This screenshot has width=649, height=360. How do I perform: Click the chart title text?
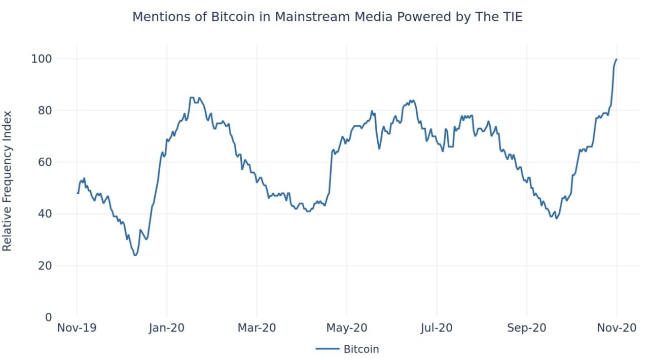[327, 17]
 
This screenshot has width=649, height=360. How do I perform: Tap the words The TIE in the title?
[499, 17]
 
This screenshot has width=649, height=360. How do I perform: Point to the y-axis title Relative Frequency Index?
[7, 181]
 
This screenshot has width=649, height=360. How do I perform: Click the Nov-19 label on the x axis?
[77, 328]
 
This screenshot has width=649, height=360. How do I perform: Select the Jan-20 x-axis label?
[167, 328]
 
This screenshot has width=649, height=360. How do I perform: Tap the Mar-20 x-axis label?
[257, 328]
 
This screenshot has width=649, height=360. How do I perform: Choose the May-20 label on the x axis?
[347, 328]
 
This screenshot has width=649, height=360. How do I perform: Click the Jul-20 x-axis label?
[437, 328]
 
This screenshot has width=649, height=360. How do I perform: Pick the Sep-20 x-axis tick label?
[527, 328]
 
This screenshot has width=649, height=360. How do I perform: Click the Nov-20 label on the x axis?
[617, 328]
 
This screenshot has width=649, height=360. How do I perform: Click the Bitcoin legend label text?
[361, 349]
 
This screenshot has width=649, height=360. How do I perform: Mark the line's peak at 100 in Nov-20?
[617, 59]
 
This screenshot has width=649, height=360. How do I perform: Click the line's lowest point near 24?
[135, 255]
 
